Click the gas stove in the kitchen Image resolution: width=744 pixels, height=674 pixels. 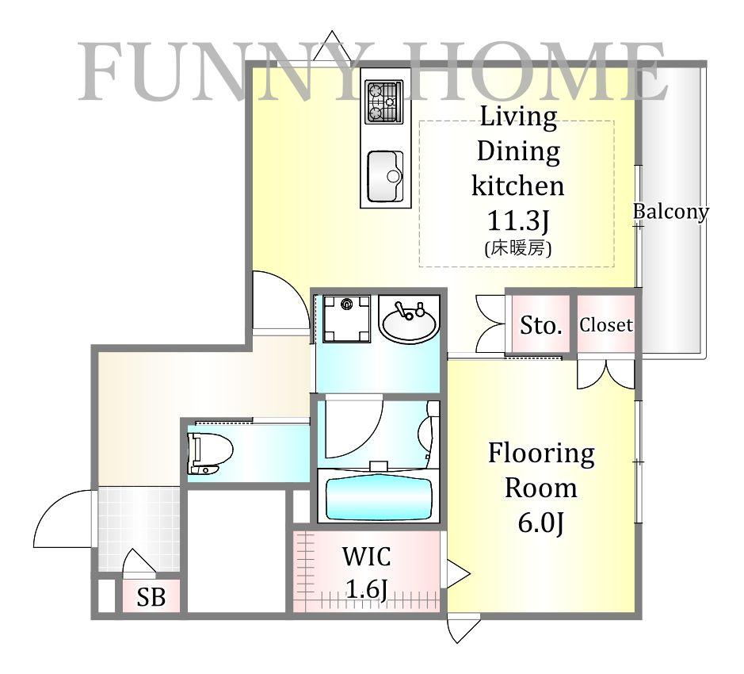[x=383, y=102]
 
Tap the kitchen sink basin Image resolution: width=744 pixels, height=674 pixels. [x=385, y=176]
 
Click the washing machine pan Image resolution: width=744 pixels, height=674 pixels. [x=346, y=319]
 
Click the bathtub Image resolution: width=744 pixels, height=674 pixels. [x=379, y=498]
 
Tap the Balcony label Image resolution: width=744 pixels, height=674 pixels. [x=671, y=212]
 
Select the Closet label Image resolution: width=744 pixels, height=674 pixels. [x=606, y=325]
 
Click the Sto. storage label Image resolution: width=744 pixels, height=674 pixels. [x=541, y=325]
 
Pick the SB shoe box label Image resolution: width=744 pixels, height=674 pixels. [x=151, y=597]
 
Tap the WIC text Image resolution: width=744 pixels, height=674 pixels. [x=366, y=556]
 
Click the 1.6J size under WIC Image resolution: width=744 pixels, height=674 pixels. [x=367, y=589]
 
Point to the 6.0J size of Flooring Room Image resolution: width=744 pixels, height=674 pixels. [x=540, y=523]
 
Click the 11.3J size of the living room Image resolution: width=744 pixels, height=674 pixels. [x=518, y=220]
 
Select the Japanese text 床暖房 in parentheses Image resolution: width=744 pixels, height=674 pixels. [x=518, y=248]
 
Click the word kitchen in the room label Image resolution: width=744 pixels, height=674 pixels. [x=518, y=186]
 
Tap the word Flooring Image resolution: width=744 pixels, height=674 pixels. [x=541, y=454]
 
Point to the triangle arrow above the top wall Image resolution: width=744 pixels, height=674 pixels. [x=332, y=45]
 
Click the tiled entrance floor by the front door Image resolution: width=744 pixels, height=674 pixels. [x=139, y=529]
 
